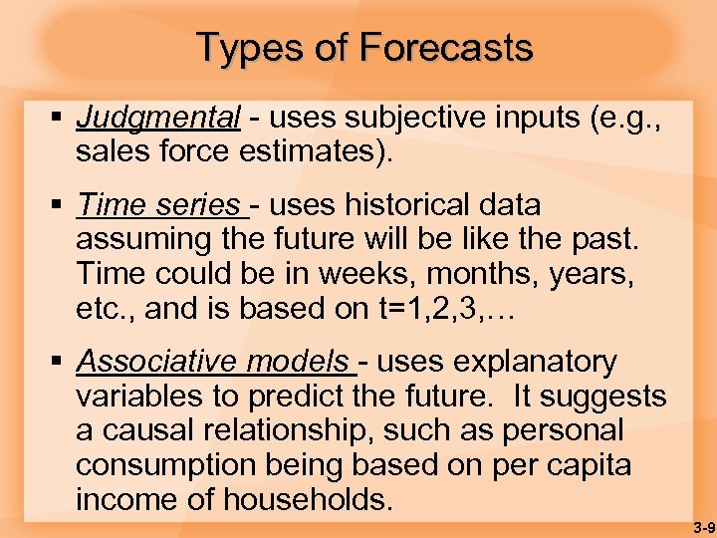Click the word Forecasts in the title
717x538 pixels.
coord(446,47)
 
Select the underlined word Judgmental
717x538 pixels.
coord(158,118)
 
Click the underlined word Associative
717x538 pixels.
coord(145,361)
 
